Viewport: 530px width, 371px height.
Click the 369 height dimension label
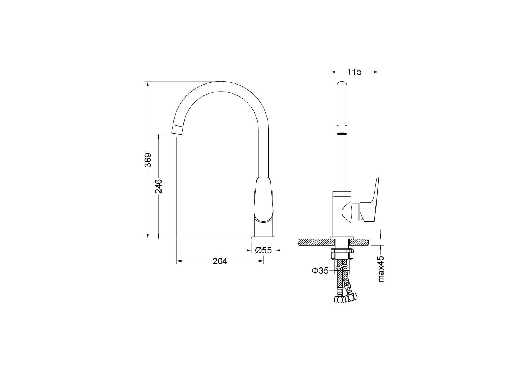[148, 160]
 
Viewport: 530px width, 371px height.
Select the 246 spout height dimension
[159, 186]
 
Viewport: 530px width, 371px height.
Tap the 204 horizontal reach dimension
[220, 262]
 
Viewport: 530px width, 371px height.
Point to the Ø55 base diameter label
[264, 250]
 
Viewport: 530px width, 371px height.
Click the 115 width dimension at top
[354, 72]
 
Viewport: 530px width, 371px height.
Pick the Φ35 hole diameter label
[320, 271]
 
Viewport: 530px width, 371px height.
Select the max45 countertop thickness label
[381, 269]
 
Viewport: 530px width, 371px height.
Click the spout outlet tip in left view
[178, 129]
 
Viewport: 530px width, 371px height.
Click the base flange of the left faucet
[264, 237]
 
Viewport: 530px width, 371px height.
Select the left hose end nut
[339, 300]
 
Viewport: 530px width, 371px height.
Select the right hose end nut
[352, 296]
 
